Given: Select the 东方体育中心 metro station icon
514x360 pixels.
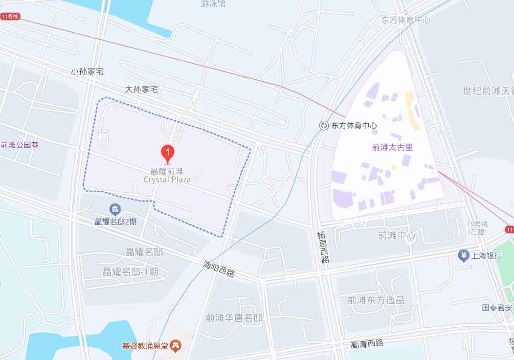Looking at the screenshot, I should (324, 125).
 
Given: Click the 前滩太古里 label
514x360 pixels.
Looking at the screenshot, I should (392, 148).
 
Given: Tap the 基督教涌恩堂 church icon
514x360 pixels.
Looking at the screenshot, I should (176, 346).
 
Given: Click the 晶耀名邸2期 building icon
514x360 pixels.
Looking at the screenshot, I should (116, 209).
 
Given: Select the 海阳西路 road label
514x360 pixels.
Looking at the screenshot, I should (219, 269).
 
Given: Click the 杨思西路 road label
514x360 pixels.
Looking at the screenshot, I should (322, 247).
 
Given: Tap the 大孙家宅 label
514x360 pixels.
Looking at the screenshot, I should (142, 89).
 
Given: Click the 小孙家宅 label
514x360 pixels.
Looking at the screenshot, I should (87, 72).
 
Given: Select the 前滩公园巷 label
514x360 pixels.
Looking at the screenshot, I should (19, 145).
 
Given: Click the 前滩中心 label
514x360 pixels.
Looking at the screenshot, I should (396, 236).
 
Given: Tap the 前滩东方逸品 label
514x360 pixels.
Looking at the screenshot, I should (375, 300).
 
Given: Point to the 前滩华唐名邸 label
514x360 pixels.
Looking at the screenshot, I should (234, 318).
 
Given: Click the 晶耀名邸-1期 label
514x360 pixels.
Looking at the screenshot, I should (130, 272).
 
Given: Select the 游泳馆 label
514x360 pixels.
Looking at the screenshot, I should (213, 5).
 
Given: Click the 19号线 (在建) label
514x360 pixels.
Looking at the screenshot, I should (478, 228).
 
